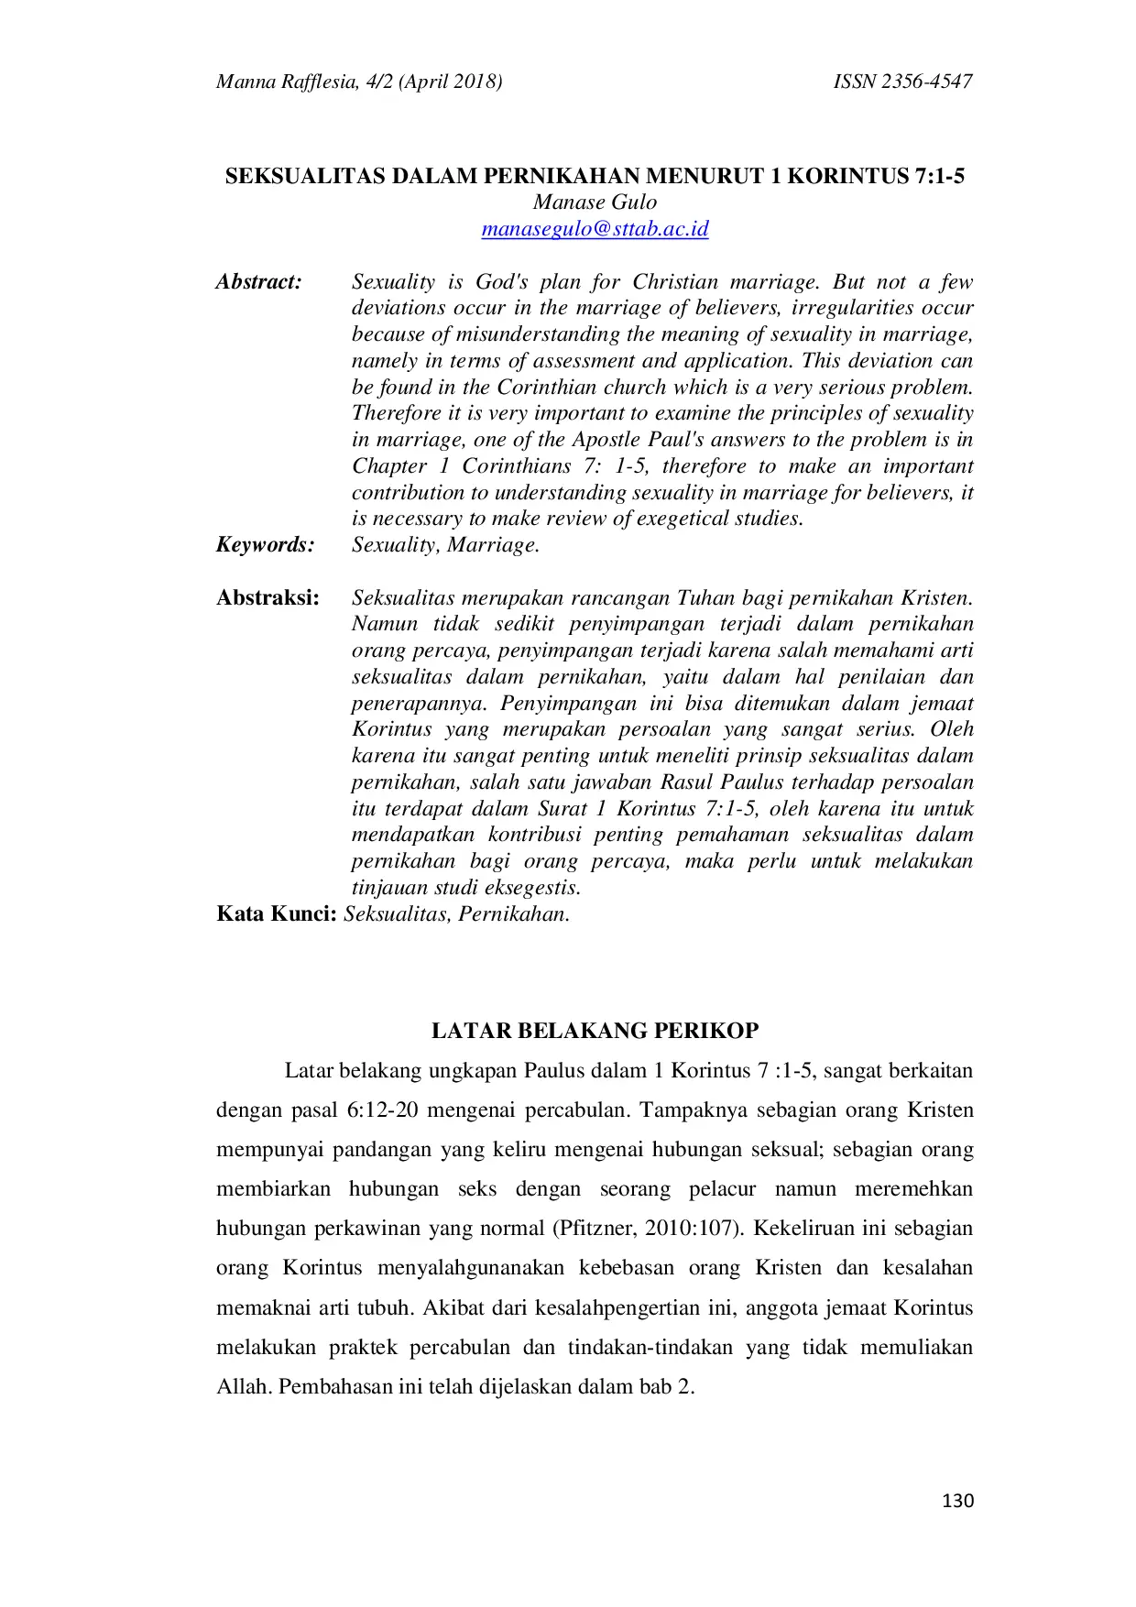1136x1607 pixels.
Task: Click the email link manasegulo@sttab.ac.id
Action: (595, 229)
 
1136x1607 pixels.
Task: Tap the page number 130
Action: (957, 1501)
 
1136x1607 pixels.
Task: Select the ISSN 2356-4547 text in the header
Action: (902, 82)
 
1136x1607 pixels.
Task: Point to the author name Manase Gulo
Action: (595, 202)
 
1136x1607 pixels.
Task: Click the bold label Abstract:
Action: (259, 282)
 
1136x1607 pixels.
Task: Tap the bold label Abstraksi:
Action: (268, 598)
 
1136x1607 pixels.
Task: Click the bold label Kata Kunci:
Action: (277, 914)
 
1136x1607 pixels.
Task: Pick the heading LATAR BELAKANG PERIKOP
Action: (595, 1031)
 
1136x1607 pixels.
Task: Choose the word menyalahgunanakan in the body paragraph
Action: (470, 1269)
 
